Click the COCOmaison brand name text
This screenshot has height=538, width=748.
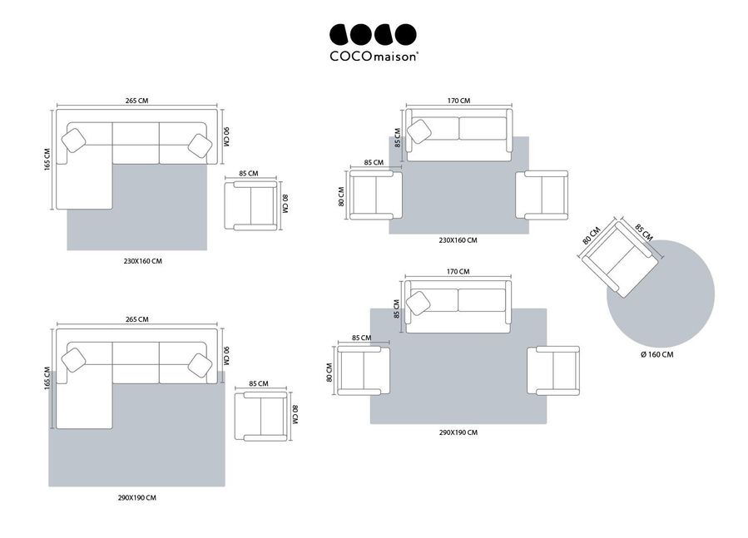click(373, 57)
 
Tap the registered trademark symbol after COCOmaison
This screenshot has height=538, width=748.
click(419, 53)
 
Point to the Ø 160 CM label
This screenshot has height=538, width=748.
click(656, 354)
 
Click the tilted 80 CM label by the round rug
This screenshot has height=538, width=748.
click(591, 235)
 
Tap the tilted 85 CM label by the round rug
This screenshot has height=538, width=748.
click(643, 232)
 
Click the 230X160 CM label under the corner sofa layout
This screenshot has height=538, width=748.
click(142, 261)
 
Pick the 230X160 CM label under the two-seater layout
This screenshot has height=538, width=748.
click(458, 240)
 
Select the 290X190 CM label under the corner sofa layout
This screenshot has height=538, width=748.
click(137, 497)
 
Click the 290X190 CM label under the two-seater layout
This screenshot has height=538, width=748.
click(458, 432)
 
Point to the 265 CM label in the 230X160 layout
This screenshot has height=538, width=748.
click(137, 101)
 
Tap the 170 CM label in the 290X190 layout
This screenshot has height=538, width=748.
click(458, 271)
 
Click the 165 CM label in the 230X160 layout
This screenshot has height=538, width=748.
click(47, 160)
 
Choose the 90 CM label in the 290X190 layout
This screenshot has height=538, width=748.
click(226, 356)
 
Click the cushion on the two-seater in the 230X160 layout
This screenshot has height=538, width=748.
click(419, 131)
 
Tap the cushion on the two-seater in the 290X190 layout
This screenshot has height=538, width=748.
click(419, 304)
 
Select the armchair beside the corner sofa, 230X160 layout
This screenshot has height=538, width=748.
click(251, 205)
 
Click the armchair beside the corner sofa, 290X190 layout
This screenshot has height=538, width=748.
click(261, 416)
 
